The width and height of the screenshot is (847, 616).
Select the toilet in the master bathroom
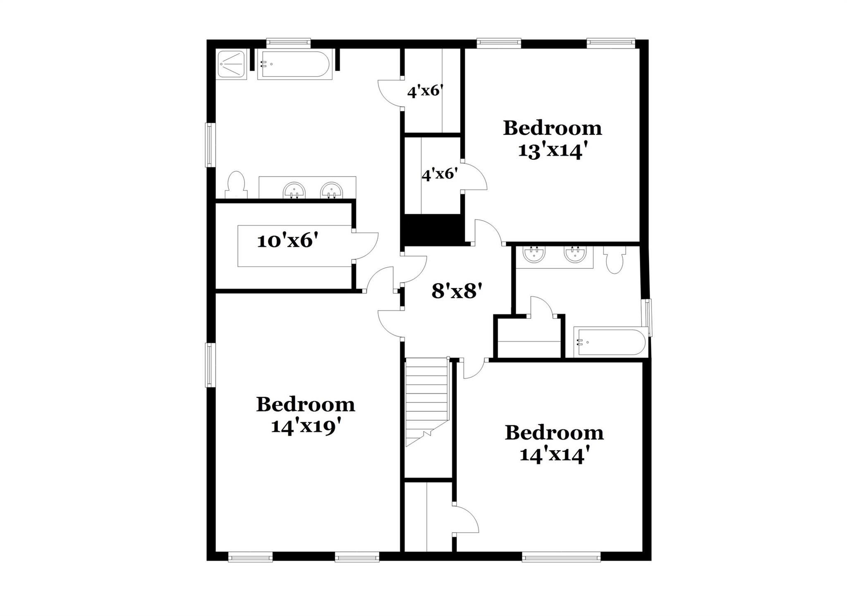pyautogui.click(x=236, y=186)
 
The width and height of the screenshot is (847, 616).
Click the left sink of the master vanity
pyautogui.click(x=294, y=191)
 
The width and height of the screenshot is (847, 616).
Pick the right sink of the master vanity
pyautogui.click(x=331, y=191)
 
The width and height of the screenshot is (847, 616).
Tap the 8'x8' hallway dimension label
pyautogui.click(x=457, y=291)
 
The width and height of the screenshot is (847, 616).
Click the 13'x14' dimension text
pyautogui.click(x=553, y=150)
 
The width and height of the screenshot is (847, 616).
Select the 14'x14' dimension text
pyautogui.click(x=554, y=455)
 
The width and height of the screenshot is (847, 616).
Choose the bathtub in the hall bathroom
pyautogui.click(x=610, y=342)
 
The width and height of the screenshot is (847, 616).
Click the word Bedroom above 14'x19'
pyautogui.click(x=306, y=404)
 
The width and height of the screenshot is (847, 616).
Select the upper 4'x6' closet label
pyautogui.click(x=425, y=91)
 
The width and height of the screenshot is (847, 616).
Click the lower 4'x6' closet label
pyautogui.click(x=439, y=174)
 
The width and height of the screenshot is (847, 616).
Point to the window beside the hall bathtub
pyautogui.click(x=648, y=317)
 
